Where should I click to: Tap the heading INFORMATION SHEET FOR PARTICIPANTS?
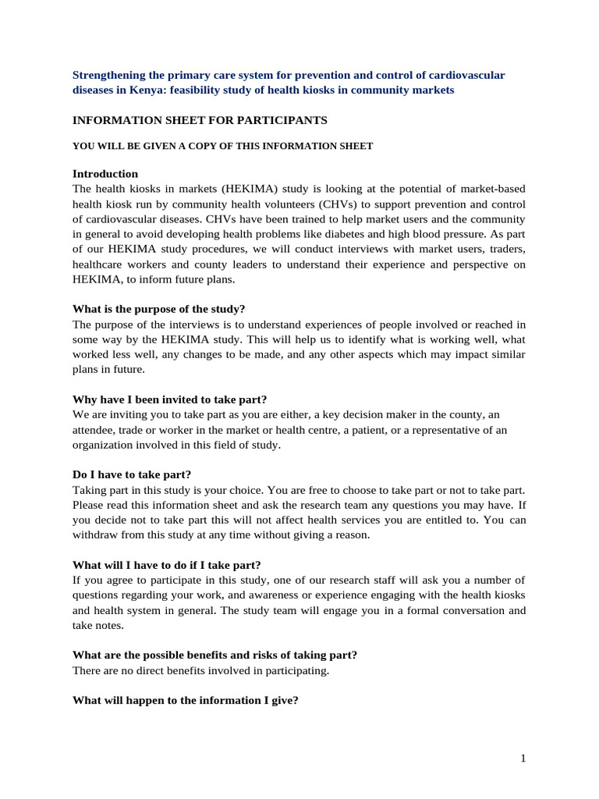[x=200, y=120]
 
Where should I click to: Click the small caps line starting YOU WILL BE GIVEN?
[x=222, y=146]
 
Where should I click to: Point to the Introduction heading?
[x=105, y=173]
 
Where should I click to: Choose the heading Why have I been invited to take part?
[x=169, y=399]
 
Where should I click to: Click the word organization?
[x=104, y=445]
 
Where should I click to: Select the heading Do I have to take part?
[x=132, y=474]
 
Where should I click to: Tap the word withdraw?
[x=95, y=535]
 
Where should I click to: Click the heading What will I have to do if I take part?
[x=167, y=565]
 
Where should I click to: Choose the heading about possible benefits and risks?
[x=214, y=655]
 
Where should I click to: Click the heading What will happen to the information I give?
[x=185, y=701]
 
